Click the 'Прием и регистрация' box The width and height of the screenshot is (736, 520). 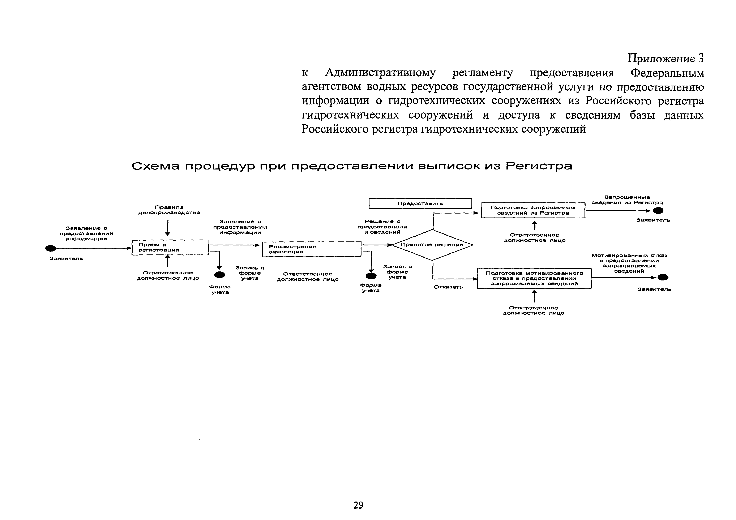click(x=170, y=247)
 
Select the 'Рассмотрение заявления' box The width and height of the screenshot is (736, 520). click(x=311, y=249)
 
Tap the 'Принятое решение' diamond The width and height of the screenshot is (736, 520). click(x=432, y=245)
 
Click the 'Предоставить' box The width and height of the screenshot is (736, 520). click(x=420, y=203)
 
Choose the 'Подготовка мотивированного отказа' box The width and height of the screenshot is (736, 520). click(x=534, y=278)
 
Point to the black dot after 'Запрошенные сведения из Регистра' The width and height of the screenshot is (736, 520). click(x=658, y=211)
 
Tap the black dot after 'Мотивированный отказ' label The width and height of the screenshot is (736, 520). click(x=663, y=278)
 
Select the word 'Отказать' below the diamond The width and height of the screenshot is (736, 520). click(x=448, y=287)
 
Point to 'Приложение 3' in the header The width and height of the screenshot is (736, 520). click(x=665, y=58)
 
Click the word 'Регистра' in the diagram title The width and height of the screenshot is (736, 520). click(x=539, y=166)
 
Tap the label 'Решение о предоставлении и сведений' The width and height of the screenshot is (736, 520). click(x=382, y=227)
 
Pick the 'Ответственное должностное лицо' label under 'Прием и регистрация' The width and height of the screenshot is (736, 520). click(x=168, y=276)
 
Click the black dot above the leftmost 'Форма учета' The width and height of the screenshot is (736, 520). click(x=220, y=275)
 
